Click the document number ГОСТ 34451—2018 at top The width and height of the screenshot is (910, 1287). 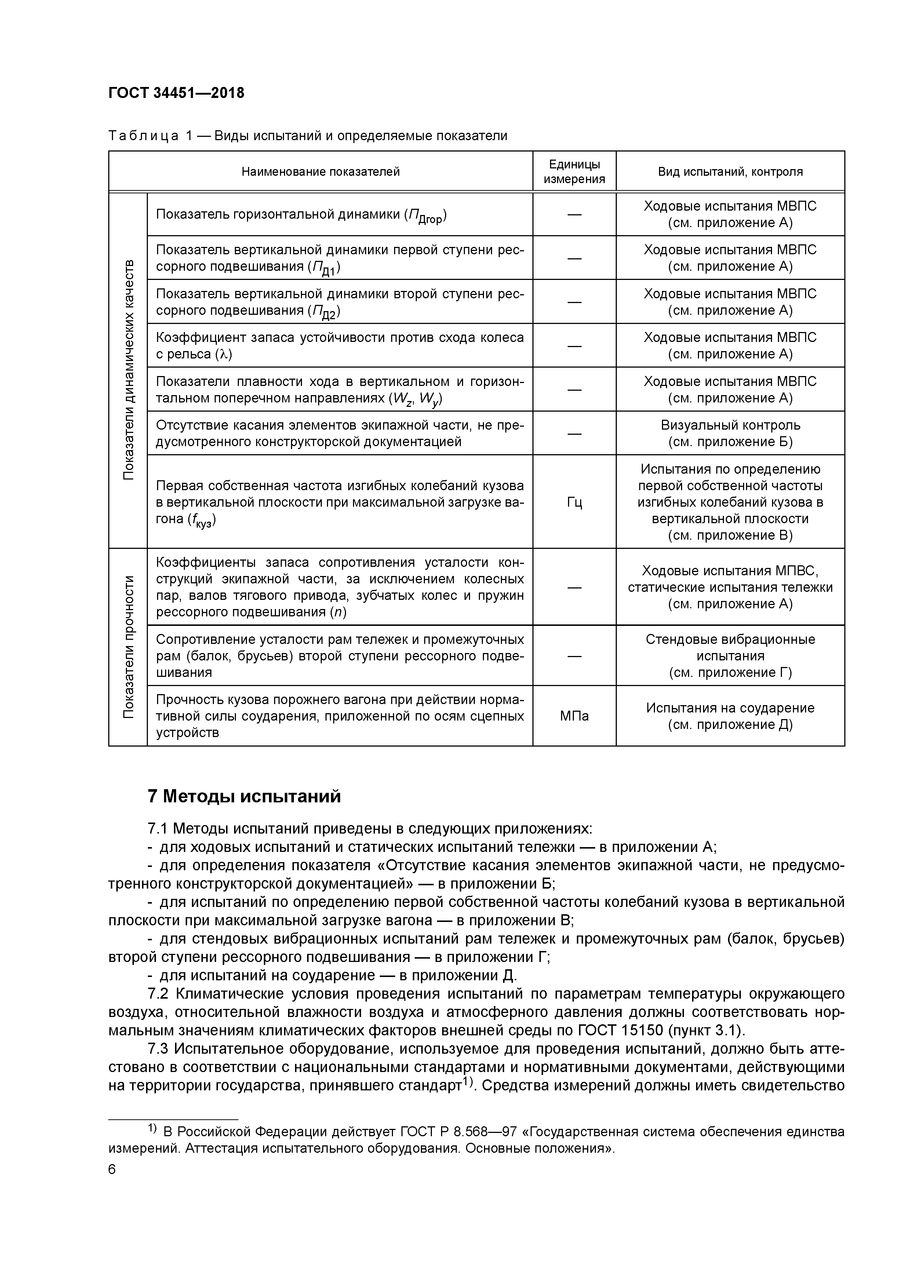(x=176, y=93)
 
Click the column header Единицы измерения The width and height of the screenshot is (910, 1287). (x=574, y=172)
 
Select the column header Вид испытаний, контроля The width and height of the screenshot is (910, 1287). (x=730, y=172)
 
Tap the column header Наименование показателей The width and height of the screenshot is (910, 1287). (x=320, y=172)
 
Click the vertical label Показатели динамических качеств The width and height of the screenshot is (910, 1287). (x=128, y=370)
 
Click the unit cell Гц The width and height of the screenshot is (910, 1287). (x=574, y=502)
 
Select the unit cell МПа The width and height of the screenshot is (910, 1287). (x=574, y=716)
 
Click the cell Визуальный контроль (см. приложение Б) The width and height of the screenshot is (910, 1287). (x=730, y=433)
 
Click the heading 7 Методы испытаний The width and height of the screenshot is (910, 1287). (x=244, y=796)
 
